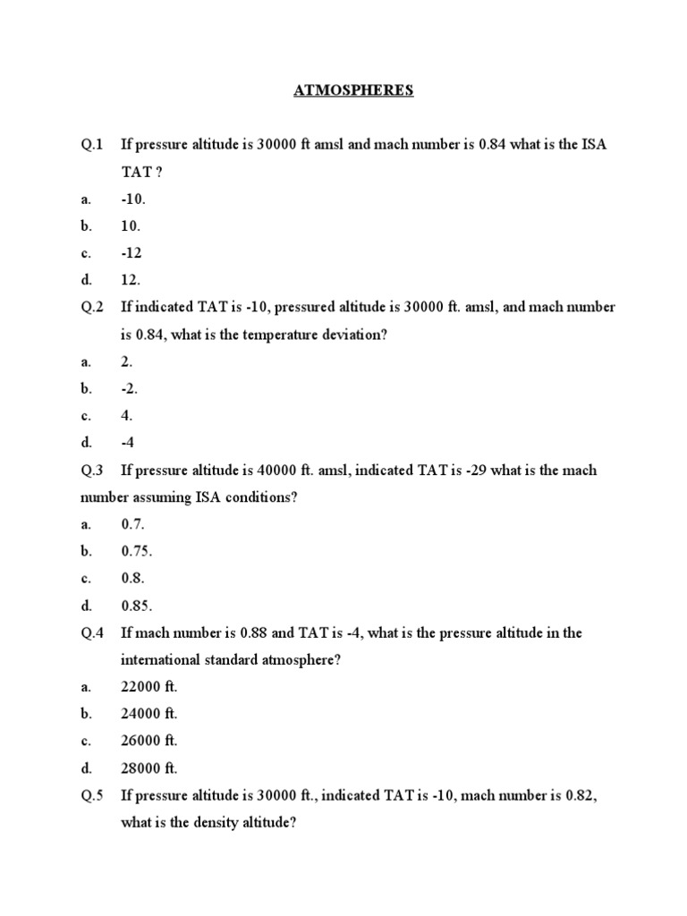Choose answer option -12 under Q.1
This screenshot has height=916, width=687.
tap(131, 253)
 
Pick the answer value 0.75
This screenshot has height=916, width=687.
tap(138, 551)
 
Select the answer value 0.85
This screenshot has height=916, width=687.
tap(138, 606)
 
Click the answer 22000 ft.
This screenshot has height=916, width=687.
tap(149, 687)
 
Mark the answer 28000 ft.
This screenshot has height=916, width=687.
tap(149, 768)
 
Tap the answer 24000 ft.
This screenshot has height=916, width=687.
tap(149, 714)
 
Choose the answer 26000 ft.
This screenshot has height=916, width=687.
tap(149, 742)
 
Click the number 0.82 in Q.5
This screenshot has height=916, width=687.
tap(578, 795)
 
